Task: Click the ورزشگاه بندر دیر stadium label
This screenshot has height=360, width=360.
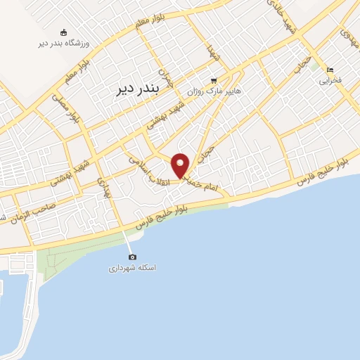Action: pyautogui.click(x=64, y=44)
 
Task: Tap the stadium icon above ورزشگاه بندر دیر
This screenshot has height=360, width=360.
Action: pyautogui.click(x=64, y=32)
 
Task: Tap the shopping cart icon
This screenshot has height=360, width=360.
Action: pyautogui.click(x=214, y=80)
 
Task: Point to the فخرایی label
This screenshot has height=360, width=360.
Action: pyautogui.click(x=330, y=81)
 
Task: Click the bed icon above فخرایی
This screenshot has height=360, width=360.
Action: pyautogui.click(x=330, y=70)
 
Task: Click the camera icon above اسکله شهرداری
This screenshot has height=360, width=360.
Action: pyautogui.click(x=133, y=257)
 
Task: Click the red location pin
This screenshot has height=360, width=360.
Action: pyautogui.click(x=181, y=165)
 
